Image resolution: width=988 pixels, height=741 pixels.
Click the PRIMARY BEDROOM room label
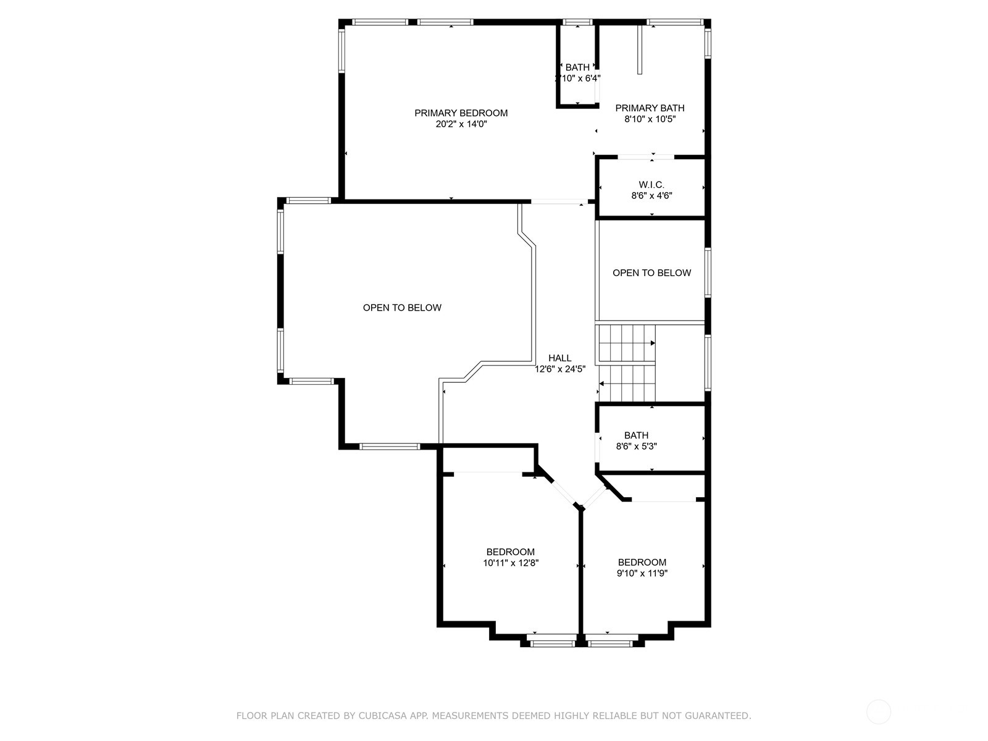click(461, 113)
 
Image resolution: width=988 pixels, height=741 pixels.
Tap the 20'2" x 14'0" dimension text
click(461, 124)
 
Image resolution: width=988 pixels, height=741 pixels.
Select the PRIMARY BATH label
click(650, 108)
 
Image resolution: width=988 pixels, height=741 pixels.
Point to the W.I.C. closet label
click(651, 185)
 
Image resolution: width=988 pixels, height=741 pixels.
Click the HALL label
click(560, 358)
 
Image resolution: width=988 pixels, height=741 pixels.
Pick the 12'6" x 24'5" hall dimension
click(560, 369)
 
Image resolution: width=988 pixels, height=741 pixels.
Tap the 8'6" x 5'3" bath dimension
click(637, 446)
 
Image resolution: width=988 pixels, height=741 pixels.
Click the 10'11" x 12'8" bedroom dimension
click(511, 563)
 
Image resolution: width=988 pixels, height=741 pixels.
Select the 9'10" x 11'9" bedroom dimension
click(642, 573)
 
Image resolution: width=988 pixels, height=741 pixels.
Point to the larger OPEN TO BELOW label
click(402, 308)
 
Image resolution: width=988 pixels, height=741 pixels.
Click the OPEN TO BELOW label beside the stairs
click(651, 273)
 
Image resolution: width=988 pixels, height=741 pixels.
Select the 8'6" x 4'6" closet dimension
click(651, 196)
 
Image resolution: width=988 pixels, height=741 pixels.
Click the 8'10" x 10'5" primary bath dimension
click(650, 119)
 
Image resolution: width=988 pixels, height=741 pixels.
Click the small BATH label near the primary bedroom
click(577, 67)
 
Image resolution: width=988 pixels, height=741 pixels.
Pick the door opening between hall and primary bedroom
click(559, 201)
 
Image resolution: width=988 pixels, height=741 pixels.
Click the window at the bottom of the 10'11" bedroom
click(552, 644)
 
